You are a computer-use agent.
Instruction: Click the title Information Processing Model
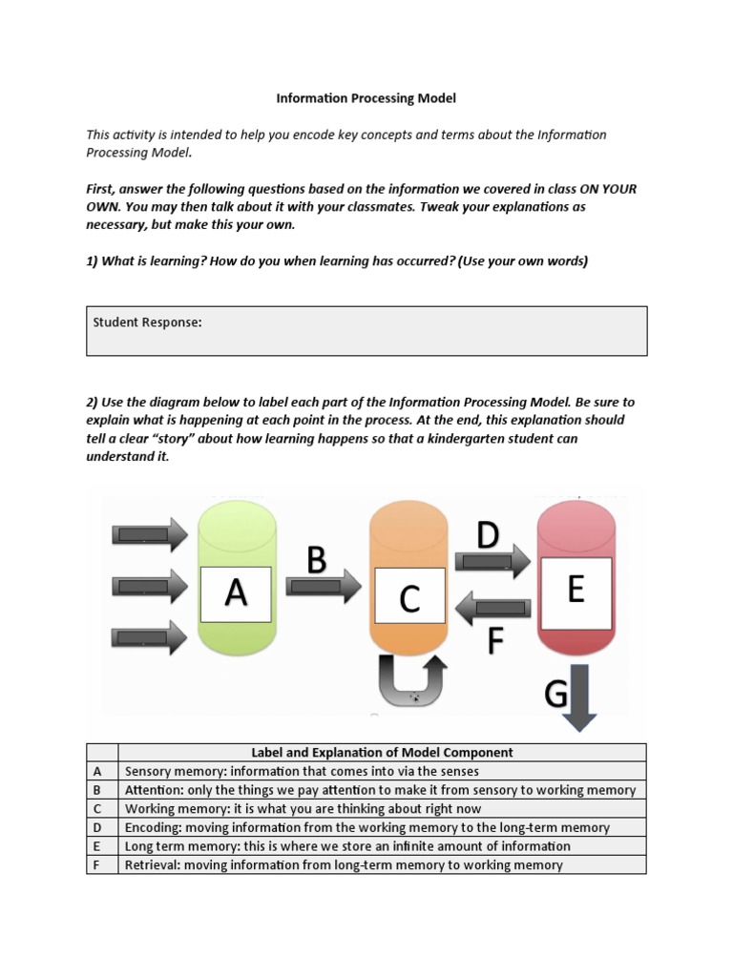366,97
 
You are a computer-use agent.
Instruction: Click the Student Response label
147,322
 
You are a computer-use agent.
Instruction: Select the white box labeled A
236,593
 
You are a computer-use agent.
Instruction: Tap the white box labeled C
408,597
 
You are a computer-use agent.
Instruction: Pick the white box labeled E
576,591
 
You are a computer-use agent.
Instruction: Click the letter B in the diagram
318,559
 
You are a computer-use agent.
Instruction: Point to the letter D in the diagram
488,535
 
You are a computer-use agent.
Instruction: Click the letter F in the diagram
494,641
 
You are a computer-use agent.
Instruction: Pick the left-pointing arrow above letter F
492,607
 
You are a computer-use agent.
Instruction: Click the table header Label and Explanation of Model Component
382,752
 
